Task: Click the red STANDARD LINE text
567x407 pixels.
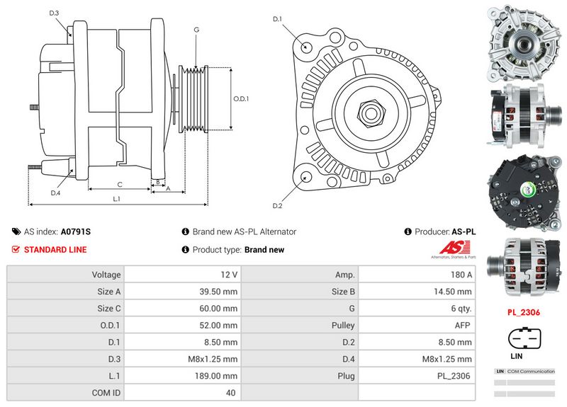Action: click(55, 250)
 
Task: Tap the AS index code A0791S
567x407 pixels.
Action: click(76, 231)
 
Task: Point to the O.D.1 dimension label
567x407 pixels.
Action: click(242, 98)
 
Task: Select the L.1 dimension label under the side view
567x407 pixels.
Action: click(117, 199)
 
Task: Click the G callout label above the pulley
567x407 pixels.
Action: click(196, 30)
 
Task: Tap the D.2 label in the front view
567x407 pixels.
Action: click(277, 206)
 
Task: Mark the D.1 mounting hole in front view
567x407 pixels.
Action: click(306, 47)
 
